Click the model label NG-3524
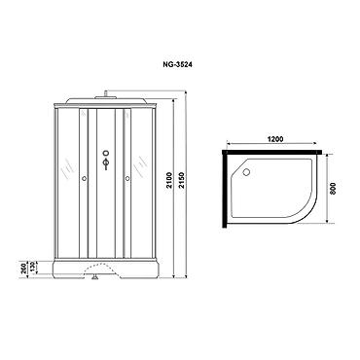click(x=177, y=64)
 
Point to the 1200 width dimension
click(x=275, y=139)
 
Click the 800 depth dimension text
click(x=333, y=188)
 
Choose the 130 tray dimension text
click(x=33, y=268)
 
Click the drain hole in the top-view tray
click(x=246, y=172)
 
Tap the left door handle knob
click(x=85, y=178)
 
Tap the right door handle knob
click(x=127, y=178)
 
